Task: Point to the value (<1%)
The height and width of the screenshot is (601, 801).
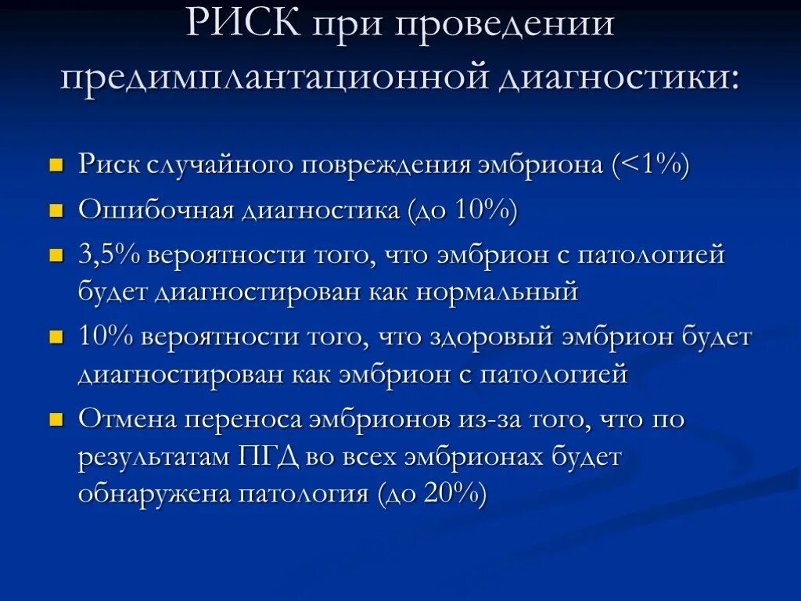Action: coord(651,166)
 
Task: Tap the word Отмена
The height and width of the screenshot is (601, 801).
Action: coord(127,419)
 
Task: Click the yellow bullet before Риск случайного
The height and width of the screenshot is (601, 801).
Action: coord(56,167)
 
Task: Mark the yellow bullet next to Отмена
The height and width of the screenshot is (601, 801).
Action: coord(56,419)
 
